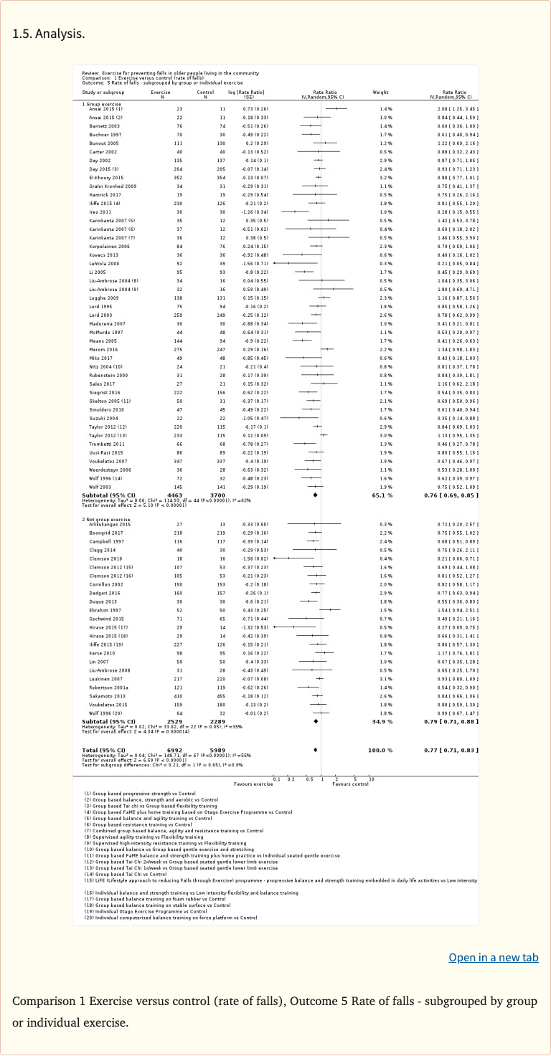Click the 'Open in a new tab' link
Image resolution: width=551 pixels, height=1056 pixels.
(493, 958)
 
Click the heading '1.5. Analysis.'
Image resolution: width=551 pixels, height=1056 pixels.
(49, 34)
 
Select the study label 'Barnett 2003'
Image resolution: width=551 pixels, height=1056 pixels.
(100, 125)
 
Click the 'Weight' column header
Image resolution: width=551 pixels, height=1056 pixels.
(380, 92)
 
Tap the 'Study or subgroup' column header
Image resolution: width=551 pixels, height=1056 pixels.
(103, 92)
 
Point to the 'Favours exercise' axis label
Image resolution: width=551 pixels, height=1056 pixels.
(253, 784)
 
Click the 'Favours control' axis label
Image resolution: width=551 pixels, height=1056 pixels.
(350, 784)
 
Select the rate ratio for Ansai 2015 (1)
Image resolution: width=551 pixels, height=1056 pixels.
(458, 108)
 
